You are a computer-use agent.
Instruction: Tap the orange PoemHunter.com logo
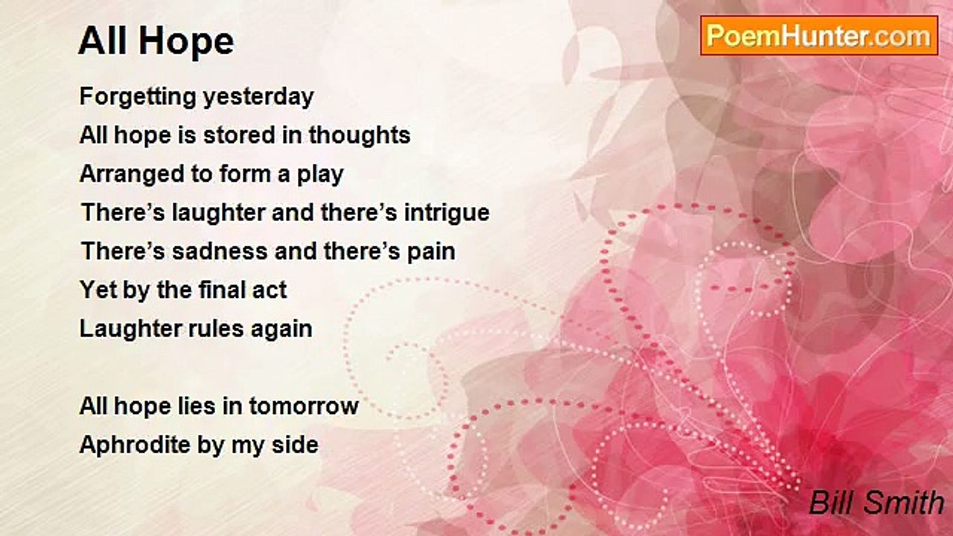point(819,36)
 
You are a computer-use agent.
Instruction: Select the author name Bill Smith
point(876,502)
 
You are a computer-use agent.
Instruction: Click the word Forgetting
point(138,98)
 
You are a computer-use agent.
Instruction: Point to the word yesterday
point(258,98)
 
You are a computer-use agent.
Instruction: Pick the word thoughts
point(360,135)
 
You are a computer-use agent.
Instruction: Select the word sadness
point(220,251)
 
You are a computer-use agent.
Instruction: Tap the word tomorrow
point(304,406)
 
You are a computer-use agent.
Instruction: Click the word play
point(320,175)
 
